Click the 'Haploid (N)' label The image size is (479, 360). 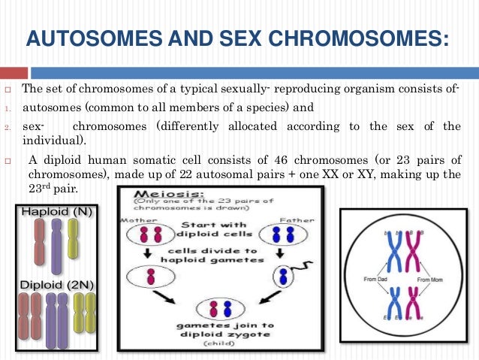[57, 212]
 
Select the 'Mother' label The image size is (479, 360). [137, 221]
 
